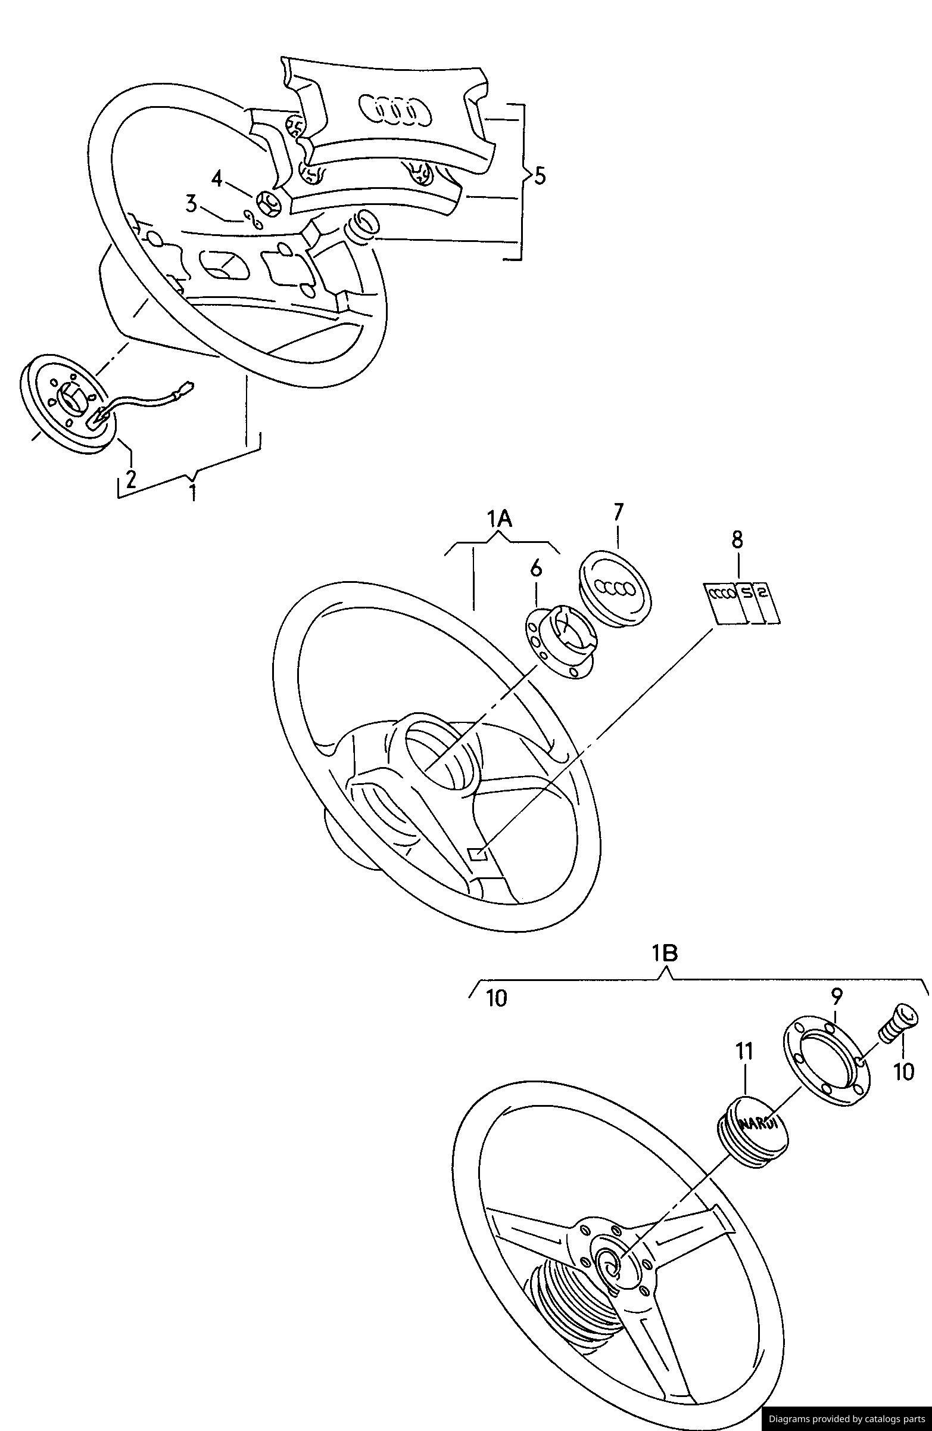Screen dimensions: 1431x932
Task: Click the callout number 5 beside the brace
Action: pos(540,176)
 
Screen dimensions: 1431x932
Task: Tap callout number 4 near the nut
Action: pos(217,178)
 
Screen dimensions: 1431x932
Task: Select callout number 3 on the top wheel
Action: pos(191,204)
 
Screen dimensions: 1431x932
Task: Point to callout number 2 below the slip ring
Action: pos(130,478)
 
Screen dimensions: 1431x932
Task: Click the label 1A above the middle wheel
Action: pos(500,519)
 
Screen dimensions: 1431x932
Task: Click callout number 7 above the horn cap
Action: pos(619,513)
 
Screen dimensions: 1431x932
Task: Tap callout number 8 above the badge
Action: pos(737,539)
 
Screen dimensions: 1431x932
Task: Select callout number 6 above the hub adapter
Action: pos(536,567)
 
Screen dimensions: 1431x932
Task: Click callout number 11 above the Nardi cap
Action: pos(744,1051)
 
